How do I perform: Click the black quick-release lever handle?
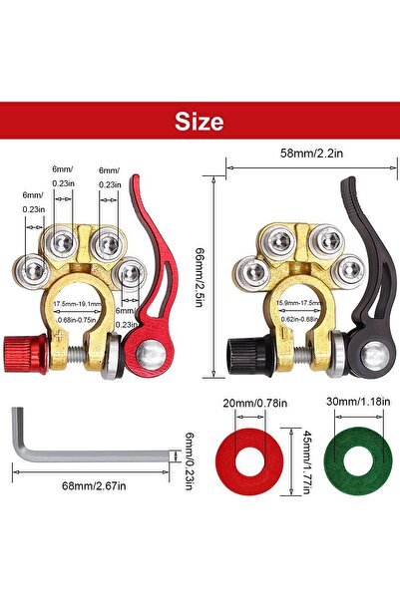[366, 259]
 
